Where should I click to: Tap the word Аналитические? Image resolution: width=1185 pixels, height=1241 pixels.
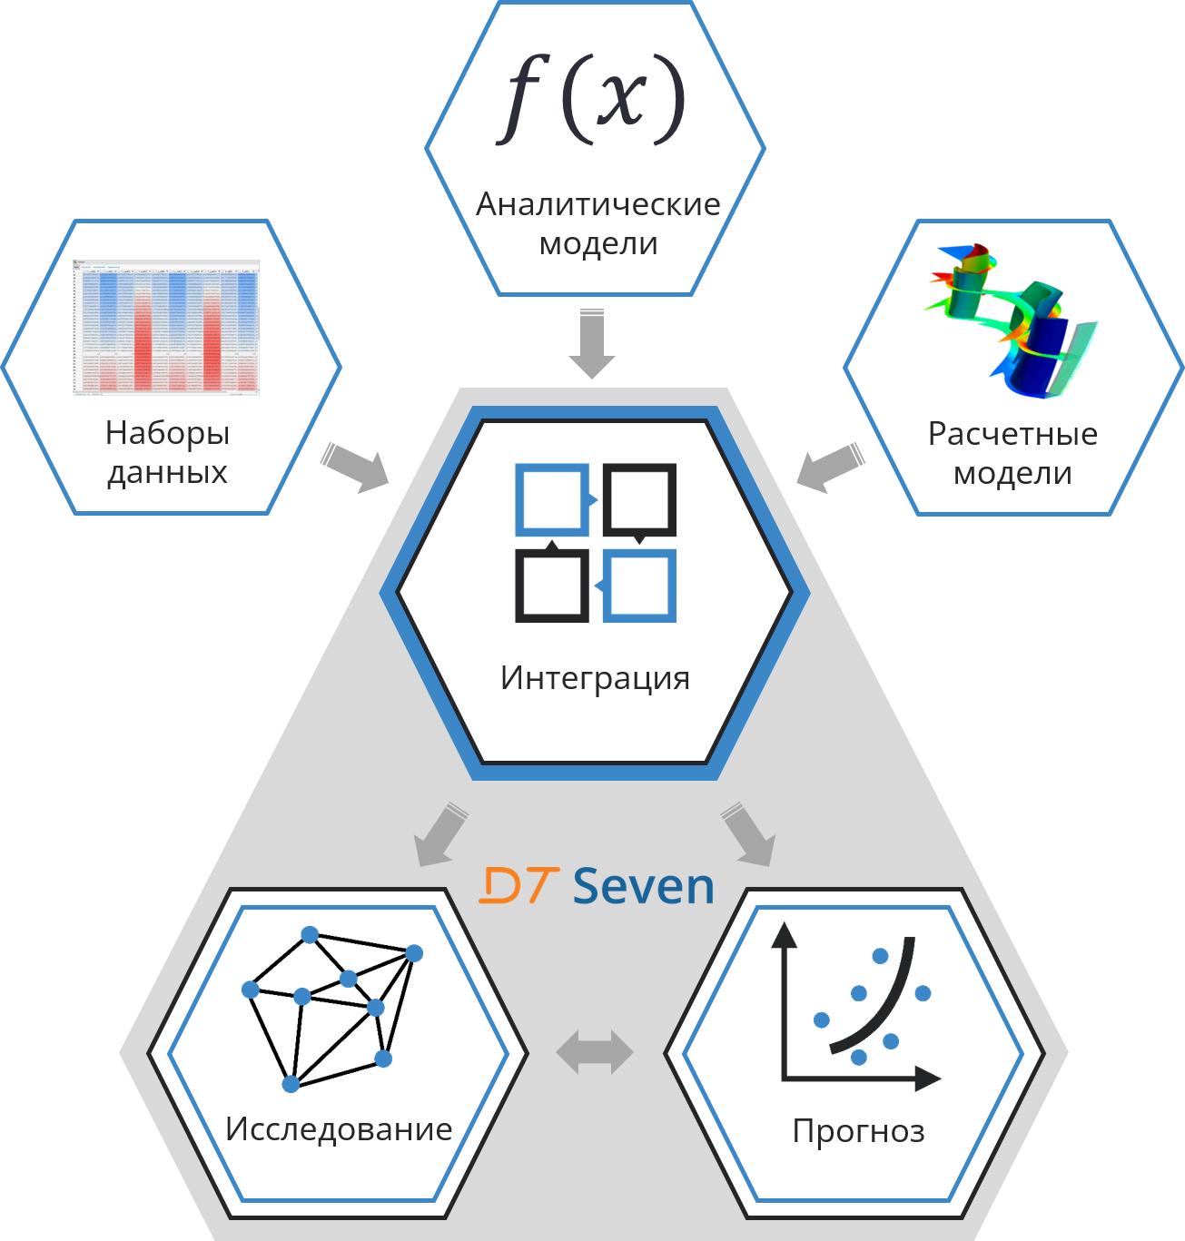(x=597, y=204)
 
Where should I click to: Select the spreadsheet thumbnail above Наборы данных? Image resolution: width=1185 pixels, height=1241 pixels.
(x=166, y=328)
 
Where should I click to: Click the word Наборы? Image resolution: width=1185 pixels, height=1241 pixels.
(x=167, y=433)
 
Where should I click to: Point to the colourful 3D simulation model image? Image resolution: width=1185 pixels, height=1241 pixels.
(x=1011, y=320)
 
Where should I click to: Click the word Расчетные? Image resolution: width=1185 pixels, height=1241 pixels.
(x=1012, y=434)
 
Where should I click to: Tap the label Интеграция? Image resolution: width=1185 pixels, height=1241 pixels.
(x=595, y=677)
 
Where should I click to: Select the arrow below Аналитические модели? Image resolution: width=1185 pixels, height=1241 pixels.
(x=592, y=343)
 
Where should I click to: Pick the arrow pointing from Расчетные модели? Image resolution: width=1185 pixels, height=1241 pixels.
(x=830, y=467)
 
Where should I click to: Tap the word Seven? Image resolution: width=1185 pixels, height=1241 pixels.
(x=644, y=886)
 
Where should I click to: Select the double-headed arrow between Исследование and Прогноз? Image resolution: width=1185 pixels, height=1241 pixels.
(x=595, y=1052)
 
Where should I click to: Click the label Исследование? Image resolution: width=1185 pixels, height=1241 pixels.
(x=339, y=1128)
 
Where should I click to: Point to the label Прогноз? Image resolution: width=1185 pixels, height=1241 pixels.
(x=858, y=1131)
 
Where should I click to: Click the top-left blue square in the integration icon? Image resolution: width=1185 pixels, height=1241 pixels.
(x=551, y=498)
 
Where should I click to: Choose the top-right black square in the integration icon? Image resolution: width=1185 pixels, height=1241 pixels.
(x=639, y=498)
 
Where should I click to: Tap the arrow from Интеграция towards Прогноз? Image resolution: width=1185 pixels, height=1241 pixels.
(x=748, y=833)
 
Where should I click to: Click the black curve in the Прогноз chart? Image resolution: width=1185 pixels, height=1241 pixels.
(x=882, y=1008)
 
